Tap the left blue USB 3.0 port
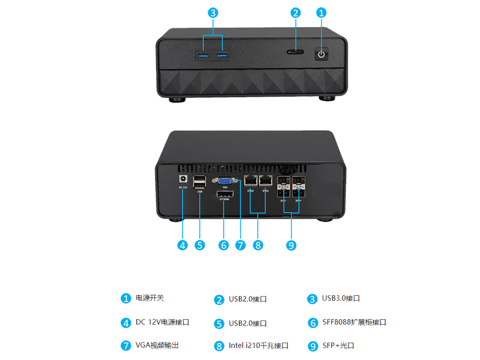(203, 56)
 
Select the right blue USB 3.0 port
(223, 56)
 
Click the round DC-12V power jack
(182, 178)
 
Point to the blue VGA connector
(225, 181)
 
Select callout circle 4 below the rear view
(182, 245)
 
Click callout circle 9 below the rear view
(291, 245)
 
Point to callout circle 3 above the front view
(213, 13)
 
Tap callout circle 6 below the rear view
(224, 245)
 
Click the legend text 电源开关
(149, 298)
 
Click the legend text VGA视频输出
(157, 346)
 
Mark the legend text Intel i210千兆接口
(259, 346)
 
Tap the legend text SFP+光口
(338, 346)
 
